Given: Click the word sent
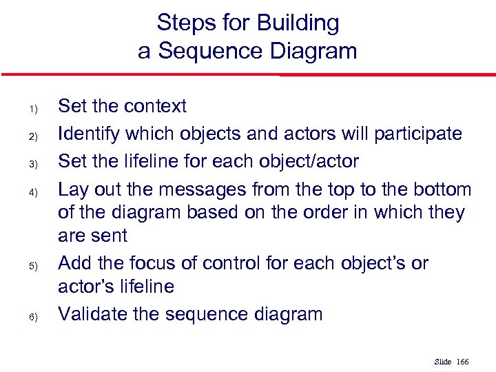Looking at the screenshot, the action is (112, 236).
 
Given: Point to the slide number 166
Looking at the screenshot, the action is (462, 362).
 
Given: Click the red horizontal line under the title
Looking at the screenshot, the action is (248, 74).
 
